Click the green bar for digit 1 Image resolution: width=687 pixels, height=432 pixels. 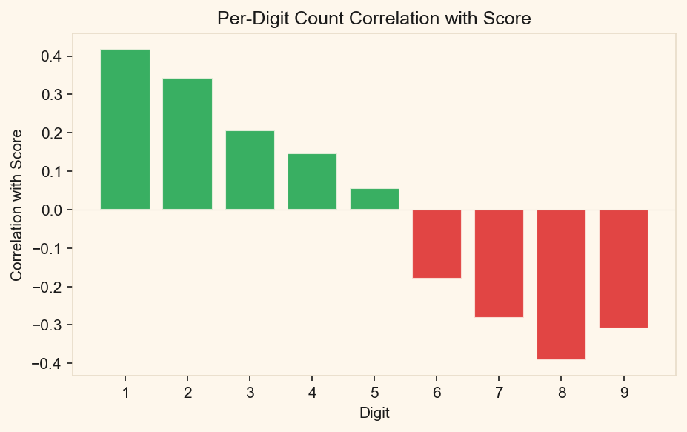(x=125, y=130)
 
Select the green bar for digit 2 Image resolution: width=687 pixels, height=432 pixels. (x=187, y=144)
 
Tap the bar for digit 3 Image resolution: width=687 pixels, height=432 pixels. (x=250, y=170)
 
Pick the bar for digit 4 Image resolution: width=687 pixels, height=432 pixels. (x=312, y=182)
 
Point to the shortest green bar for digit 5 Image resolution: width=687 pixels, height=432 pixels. (x=374, y=199)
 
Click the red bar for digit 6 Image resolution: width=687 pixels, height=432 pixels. (x=437, y=244)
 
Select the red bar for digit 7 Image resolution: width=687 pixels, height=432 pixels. (x=499, y=263)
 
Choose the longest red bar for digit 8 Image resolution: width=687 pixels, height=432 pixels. (x=561, y=285)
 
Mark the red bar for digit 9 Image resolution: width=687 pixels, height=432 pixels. (x=623, y=268)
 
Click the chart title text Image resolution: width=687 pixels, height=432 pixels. (x=374, y=19)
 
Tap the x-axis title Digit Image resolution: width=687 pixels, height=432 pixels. (x=374, y=413)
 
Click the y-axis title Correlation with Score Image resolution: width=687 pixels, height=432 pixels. (x=16, y=205)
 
